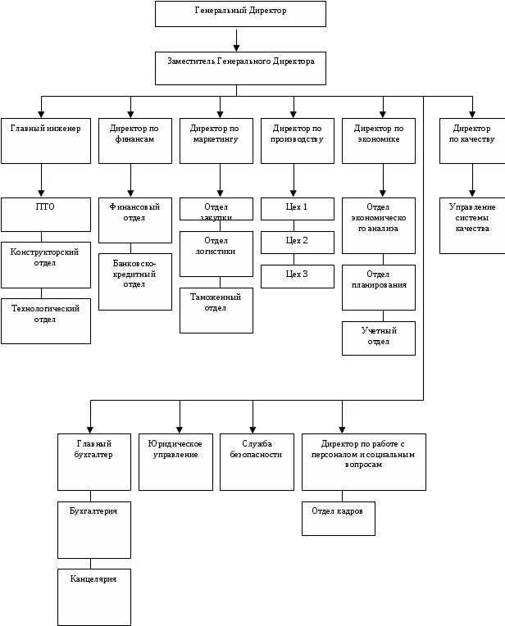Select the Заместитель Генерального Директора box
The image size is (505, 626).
coord(240,67)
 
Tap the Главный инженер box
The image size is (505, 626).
coord(45,140)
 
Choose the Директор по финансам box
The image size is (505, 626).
coord(134,140)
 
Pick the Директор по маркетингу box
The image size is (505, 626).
coord(216,140)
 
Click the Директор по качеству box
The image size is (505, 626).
coord(471,140)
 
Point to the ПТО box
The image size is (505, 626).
coord(45,215)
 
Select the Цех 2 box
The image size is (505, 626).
coord(298,243)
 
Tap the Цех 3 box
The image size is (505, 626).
coord(298,276)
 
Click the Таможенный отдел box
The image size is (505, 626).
coord(216,309)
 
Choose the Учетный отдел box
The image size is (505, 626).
coord(379,338)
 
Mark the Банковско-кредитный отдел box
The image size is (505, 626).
coord(134,281)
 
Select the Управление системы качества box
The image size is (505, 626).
coord(471,225)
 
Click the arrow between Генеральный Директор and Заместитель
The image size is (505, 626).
coord(236,39)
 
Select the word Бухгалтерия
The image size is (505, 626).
coord(93,510)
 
